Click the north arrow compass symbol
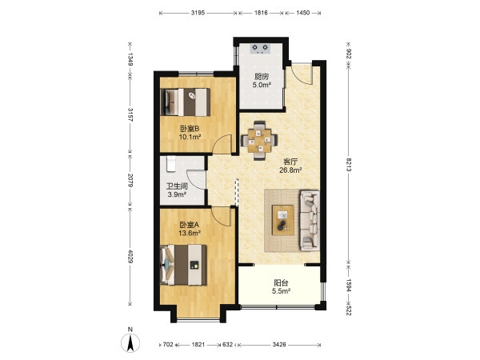tap(130, 342)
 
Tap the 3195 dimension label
tap(198, 13)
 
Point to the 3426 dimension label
tap(279, 344)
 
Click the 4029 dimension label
tap(130, 257)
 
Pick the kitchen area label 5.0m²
tap(262, 85)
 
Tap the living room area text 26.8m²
tap(291, 170)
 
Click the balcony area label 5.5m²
tap(281, 291)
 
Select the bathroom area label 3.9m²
tap(177, 194)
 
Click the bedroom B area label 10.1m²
tap(190, 137)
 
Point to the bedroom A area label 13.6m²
tap(190, 233)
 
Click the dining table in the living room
tap(259, 141)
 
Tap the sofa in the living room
tap(310, 221)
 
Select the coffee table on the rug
tap(283, 221)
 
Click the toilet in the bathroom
tap(171, 164)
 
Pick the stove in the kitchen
tap(260, 49)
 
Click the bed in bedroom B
tap(186, 102)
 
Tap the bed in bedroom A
tap(183, 265)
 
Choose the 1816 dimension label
tap(261, 13)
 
